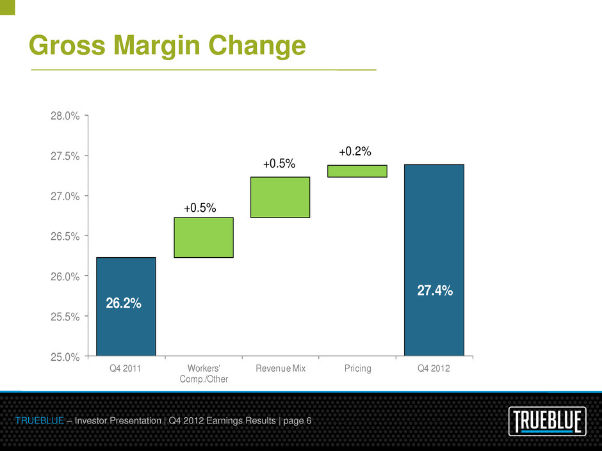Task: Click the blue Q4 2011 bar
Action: pos(126,275)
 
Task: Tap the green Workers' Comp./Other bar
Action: pos(203,237)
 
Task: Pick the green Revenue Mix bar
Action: pos(280,197)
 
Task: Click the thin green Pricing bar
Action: pos(357,171)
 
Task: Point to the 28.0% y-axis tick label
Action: pos(66,116)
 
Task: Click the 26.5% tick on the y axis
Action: pos(66,236)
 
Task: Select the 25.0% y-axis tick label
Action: pos(66,356)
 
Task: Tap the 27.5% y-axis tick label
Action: pos(66,156)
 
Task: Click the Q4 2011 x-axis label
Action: pos(126,369)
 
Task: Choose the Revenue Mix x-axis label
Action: pos(280,369)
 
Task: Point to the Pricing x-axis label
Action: pos(357,369)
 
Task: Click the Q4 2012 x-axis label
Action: pos(434,369)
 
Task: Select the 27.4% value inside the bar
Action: pos(435,290)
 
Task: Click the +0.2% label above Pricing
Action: pos(355,152)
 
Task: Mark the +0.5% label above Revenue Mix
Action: pos(279,164)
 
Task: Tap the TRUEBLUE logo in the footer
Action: pos(547,422)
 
